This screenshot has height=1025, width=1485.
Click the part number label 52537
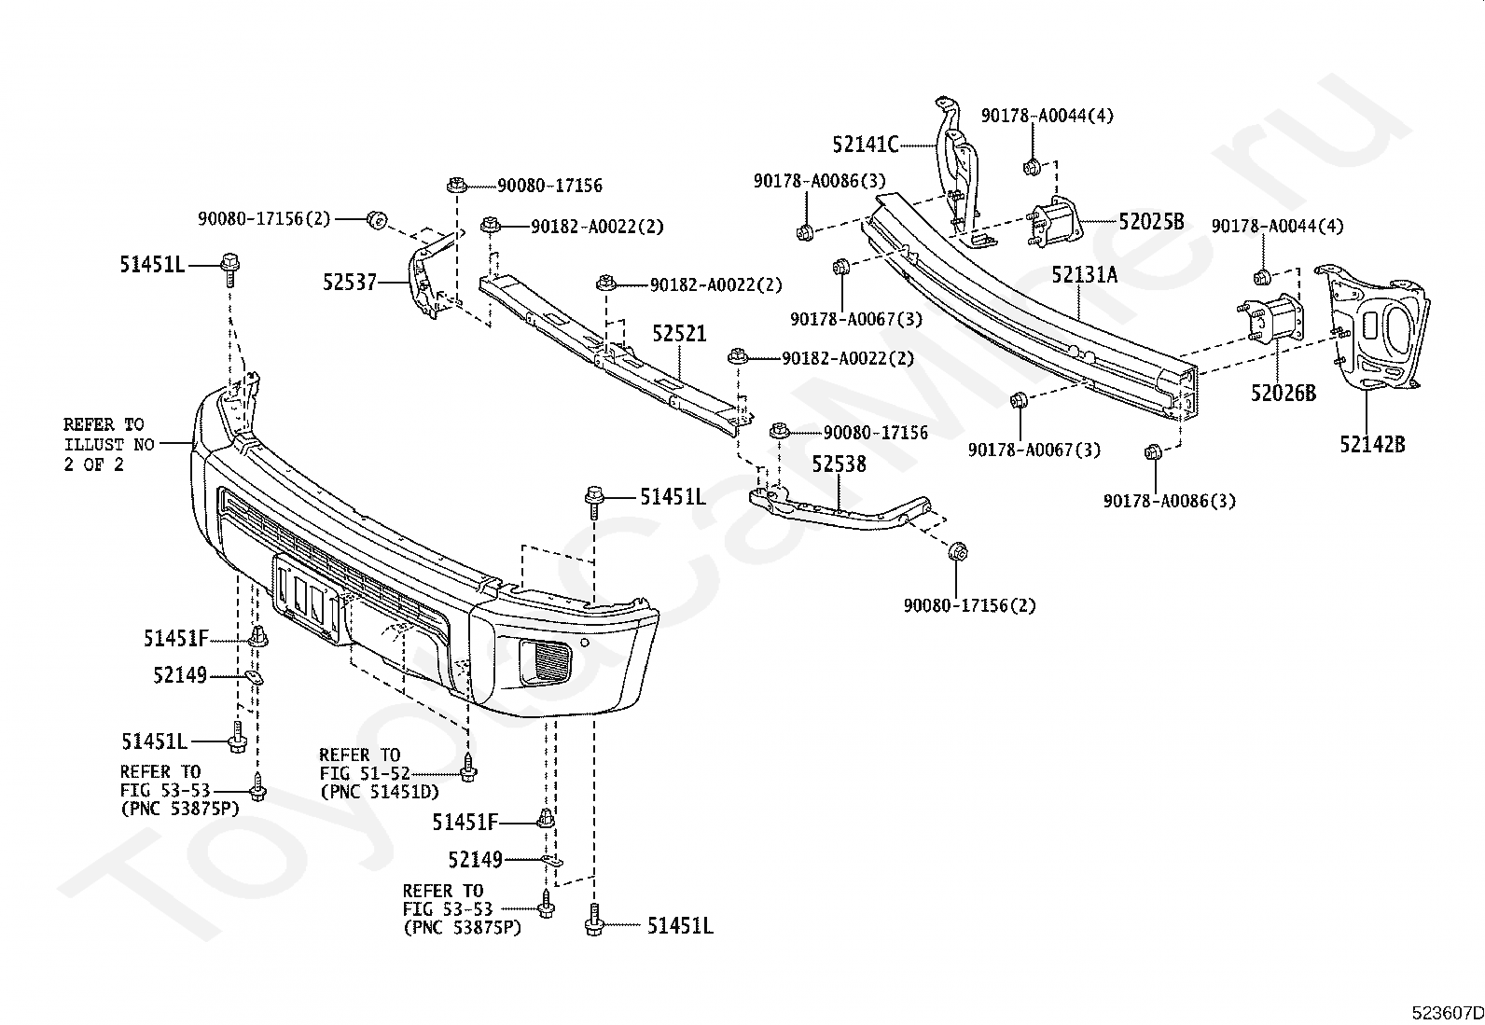click(350, 283)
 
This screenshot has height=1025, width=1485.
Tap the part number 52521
click(679, 334)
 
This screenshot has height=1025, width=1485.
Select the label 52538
click(840, 464)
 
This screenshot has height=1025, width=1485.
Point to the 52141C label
click(865, 145)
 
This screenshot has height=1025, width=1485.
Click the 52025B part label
click(1152, 221)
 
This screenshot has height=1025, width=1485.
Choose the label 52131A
click(1085, 274)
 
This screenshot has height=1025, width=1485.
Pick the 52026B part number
click(1284, 394)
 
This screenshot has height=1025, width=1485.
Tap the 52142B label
click(1372, 444)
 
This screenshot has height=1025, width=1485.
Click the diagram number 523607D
click(1447, 1013)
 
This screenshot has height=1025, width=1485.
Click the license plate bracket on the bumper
click(306, 598)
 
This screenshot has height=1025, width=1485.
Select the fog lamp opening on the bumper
click(546, 661)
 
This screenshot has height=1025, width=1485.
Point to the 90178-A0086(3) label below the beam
click(1170, 501)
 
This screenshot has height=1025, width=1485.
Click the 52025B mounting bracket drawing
click(1054, 222)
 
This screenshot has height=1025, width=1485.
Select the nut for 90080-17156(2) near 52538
click(958, 551)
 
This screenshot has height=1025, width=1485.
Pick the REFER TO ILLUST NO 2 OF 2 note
click(109, 444)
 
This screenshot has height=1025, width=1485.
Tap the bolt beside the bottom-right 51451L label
click(594, 921)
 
